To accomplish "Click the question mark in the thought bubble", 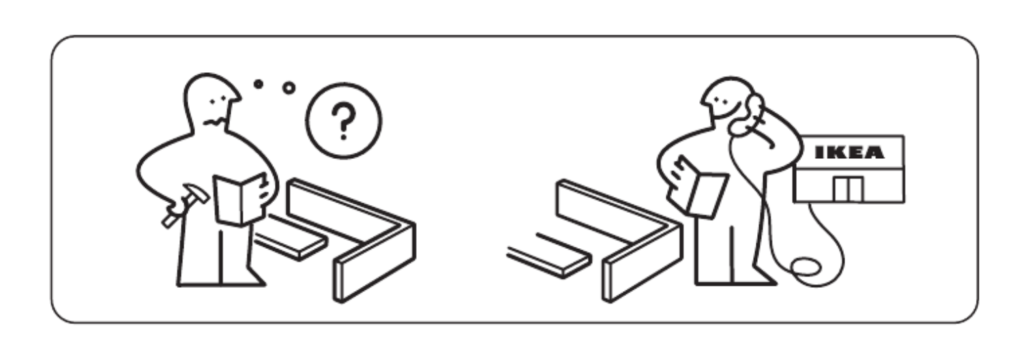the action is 344,121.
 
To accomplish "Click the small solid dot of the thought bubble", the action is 259,84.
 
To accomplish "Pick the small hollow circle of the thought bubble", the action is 289,88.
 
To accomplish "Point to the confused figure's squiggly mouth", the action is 215,122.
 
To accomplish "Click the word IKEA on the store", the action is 849,152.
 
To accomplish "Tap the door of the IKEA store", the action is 849,188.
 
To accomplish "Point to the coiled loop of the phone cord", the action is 806,267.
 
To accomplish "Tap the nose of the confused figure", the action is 236,97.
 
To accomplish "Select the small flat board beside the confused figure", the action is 290,237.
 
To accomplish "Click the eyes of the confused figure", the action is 218,100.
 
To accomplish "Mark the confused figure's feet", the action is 222,282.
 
